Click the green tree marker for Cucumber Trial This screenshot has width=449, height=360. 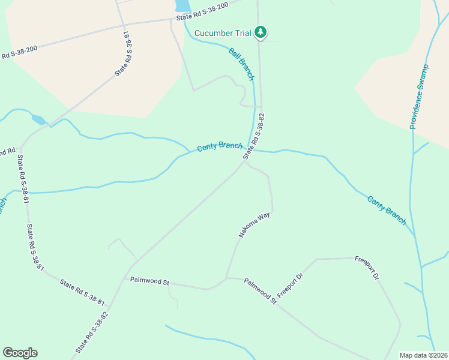tap(260, 31)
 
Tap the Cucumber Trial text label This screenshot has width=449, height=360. tap(223, 32)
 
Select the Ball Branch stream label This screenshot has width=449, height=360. tap(241, 64)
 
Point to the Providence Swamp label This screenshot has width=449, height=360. tap(420, 96)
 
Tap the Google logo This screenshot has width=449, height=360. tap(20, 353)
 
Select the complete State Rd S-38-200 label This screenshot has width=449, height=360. tap(202, 12)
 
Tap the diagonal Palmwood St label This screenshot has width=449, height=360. tap(260, 290)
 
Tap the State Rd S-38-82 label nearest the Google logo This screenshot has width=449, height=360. tap(92, 332)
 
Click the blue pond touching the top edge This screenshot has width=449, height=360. tap(182, 6)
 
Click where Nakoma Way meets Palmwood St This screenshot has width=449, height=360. tap(226, 278)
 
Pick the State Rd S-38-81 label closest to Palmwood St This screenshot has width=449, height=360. tap(82, 292)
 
